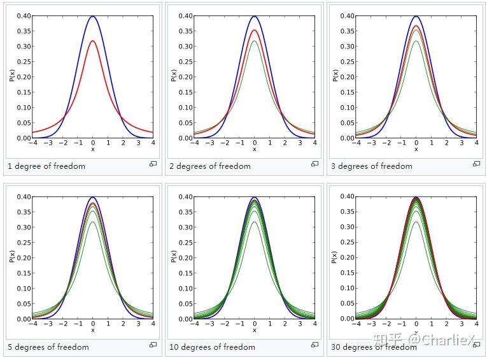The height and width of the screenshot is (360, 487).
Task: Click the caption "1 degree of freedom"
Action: pos(46,166)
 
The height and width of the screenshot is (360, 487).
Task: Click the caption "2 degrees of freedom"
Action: pos(209,166)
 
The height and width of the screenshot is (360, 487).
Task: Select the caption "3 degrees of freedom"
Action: pos(371,166)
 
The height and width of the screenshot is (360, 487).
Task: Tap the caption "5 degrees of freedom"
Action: pos(48,347)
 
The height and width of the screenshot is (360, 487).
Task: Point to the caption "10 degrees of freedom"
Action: pos(212,347)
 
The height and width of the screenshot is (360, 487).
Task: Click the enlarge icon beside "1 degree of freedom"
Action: pos(153,164)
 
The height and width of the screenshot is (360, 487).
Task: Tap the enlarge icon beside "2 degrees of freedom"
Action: pos(314,164)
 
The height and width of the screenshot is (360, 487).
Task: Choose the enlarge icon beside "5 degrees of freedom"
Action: pos(153,345)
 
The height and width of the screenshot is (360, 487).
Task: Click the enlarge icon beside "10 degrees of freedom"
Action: pos(314,345)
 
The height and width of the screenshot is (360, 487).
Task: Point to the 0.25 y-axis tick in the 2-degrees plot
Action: pos(183,62)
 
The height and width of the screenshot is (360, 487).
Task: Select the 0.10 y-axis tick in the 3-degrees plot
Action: pos(345,108)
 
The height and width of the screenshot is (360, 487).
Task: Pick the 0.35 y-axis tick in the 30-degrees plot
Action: pos(345,212)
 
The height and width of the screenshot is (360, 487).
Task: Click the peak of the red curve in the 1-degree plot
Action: pos(93,41)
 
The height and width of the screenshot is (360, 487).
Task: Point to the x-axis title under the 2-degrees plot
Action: pos(255,150)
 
